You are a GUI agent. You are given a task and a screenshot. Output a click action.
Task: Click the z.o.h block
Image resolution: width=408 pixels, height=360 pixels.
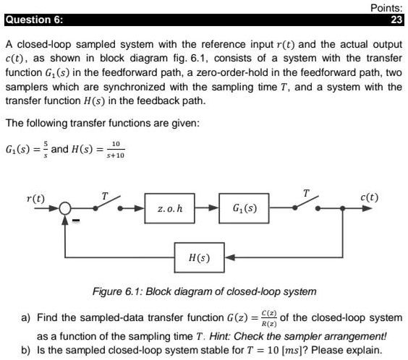[170, 208]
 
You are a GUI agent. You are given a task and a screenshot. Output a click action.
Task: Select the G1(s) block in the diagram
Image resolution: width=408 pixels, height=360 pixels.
[244, 208]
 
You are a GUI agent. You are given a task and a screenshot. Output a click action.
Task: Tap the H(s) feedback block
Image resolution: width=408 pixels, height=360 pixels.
[200, 257]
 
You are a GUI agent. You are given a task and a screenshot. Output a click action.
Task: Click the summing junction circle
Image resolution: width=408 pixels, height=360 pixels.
[65, 208]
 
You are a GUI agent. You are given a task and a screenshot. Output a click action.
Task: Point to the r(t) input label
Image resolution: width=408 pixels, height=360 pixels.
[36, 199]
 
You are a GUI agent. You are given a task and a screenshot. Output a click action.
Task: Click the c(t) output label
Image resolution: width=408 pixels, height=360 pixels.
[369, 197]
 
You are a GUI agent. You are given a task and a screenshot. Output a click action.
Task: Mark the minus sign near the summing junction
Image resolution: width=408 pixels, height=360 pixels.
[76, 220]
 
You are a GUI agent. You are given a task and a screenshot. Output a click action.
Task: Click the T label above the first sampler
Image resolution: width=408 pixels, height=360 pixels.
[105, 196]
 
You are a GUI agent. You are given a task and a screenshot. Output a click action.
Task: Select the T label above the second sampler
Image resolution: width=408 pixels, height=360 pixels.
[306, 193]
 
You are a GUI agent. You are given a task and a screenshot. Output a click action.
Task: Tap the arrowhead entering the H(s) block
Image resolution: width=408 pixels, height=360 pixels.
[230, 257]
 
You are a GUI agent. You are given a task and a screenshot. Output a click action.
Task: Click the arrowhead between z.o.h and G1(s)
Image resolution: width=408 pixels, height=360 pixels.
[213, 208]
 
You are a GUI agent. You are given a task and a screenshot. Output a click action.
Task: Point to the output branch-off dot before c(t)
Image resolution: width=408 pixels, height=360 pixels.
[342, 208]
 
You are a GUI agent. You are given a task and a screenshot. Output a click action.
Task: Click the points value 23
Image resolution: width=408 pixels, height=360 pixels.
[396, 20]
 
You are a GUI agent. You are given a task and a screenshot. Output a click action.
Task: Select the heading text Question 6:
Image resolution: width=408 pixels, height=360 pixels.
[34, 20]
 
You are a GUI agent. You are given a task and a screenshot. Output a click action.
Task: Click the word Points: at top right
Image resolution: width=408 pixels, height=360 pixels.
[386, 8]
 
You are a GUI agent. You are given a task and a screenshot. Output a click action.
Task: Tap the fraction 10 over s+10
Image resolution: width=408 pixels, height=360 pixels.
[116, 150]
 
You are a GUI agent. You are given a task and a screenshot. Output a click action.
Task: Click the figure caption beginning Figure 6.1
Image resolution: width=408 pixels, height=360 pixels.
[205, 291]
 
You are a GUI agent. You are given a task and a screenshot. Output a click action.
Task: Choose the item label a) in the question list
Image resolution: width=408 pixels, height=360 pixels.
[26, 317]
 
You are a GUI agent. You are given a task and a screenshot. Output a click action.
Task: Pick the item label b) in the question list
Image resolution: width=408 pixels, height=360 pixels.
[26, 350]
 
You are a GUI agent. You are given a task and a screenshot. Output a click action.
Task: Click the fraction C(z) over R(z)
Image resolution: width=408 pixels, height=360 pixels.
[269, 318]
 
